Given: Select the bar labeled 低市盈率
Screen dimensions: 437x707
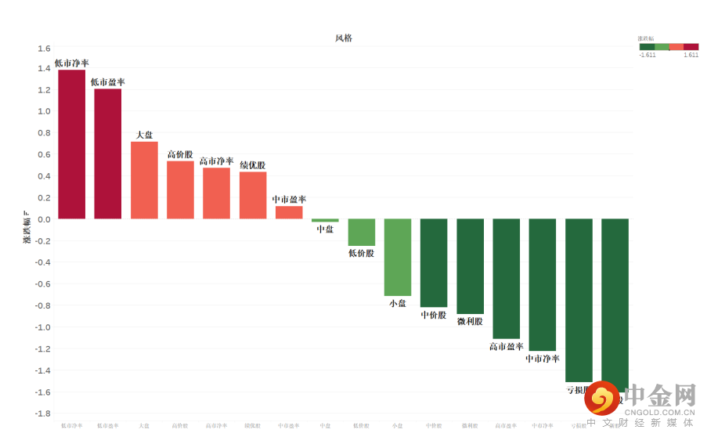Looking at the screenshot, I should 108,153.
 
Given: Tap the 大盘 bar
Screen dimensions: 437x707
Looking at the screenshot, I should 144,180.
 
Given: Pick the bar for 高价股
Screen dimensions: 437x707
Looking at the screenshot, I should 180,190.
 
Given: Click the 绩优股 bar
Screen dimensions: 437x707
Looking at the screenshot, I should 253,195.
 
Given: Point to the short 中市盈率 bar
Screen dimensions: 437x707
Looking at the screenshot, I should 289,212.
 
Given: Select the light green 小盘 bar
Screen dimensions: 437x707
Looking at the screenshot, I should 398,257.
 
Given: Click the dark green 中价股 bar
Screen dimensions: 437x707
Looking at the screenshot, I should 434,262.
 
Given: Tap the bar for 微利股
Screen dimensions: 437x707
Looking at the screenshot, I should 470,266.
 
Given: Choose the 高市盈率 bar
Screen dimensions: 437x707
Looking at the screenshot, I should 507,278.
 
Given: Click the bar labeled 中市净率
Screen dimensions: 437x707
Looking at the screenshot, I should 543,284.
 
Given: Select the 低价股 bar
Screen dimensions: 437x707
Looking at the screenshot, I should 361,233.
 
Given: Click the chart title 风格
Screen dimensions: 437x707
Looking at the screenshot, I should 343,38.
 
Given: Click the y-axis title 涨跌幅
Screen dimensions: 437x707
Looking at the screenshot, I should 26,229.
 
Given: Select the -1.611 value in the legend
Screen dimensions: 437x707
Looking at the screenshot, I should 647,55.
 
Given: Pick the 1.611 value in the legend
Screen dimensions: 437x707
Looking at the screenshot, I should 691,55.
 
